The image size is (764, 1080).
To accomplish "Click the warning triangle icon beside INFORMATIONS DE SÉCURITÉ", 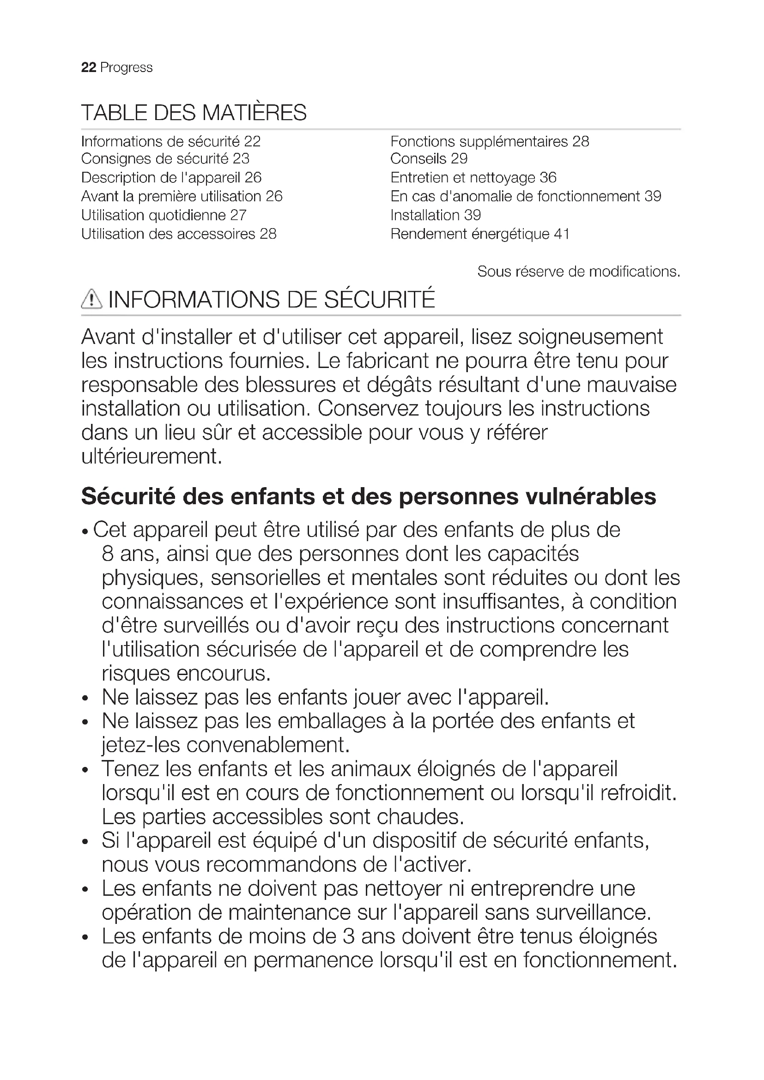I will point(91,300).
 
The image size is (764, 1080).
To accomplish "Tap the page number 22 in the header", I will point(88,68).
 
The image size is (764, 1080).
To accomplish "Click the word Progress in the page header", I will point(127,68).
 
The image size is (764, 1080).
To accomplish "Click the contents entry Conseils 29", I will point(429,159).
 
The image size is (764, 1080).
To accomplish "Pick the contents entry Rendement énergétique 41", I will point(480,234).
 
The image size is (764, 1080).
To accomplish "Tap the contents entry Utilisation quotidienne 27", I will point(164,216).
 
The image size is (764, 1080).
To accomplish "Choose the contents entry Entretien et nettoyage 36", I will point(473,178).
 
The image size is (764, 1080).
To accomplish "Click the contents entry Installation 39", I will point(436,216).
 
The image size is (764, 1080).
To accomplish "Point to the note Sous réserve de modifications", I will point(579,272).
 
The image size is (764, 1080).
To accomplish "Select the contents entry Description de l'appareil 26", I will point(171,178).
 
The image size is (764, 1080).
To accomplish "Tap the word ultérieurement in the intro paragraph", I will point(151,457).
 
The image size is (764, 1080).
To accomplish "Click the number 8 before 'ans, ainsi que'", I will point(108,554).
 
